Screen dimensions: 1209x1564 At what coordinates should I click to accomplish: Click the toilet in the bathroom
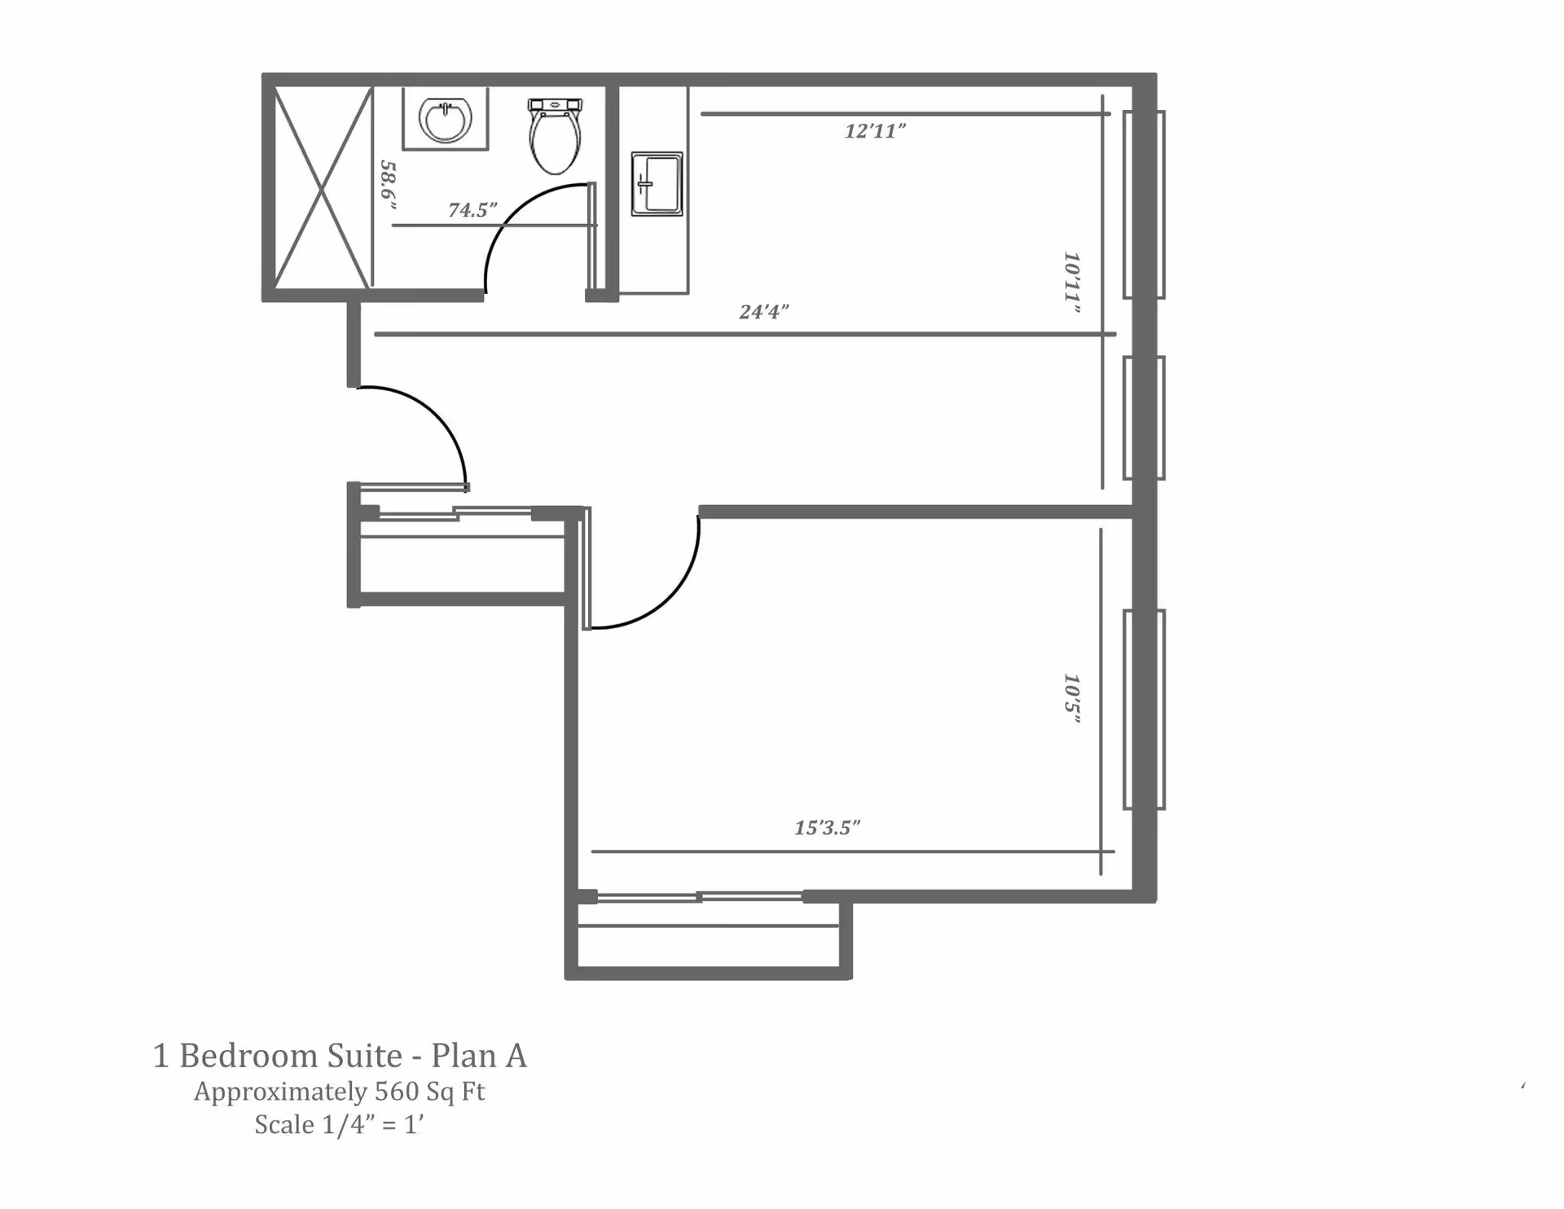[555, 140]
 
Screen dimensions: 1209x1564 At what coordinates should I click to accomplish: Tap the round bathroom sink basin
[445, 120]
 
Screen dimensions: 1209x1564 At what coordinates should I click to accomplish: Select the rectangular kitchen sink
[657, 183]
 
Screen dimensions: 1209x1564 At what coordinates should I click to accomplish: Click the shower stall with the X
[322, 188]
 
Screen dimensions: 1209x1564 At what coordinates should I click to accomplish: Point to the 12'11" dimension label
[875, 131]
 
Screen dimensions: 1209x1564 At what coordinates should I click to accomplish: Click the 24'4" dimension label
[763, 312]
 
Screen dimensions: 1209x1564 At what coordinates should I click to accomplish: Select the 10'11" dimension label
[1072, 283]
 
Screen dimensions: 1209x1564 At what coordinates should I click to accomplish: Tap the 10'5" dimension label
[1072, 699]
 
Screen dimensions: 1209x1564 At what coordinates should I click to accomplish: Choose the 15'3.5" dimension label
[827, 829]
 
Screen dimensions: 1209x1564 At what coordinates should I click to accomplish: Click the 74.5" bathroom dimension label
[472, 210]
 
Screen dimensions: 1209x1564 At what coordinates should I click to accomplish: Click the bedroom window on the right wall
[1144, 709]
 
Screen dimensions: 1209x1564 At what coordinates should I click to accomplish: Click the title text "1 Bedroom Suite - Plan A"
[340, 1056]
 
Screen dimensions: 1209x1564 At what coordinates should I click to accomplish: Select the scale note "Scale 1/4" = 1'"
[340, 1125]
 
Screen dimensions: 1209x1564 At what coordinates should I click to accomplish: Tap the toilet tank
[555, 105]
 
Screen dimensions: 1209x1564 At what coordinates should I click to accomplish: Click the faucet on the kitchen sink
[645, 184]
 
